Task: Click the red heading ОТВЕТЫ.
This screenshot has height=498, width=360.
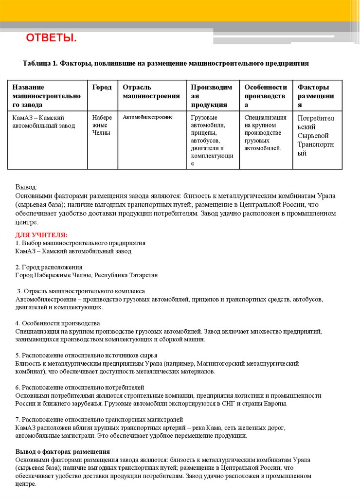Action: click(x=51, y=38)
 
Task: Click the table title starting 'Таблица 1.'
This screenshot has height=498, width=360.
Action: click(x=165, y=64)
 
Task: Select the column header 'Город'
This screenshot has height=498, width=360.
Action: click(x=102, y=88)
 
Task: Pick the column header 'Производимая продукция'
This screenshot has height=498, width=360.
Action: click(x=212, y=96)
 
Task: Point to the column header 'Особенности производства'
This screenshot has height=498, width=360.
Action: click(x=265, y=96)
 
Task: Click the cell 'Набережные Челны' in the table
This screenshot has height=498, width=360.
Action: click(x=102, y=125)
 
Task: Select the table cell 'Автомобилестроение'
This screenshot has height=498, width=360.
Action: click(x=147, y=117)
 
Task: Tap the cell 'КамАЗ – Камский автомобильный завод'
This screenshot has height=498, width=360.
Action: click(x=44, y=122)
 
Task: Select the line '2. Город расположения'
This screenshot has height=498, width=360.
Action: click(x=49, y=267)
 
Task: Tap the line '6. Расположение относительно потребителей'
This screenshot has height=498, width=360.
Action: click(x=80, y=387)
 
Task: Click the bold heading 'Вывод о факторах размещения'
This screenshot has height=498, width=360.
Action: click(x=62, y=451)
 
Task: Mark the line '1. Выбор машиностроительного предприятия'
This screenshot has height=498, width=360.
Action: click(x=80, y=243)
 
